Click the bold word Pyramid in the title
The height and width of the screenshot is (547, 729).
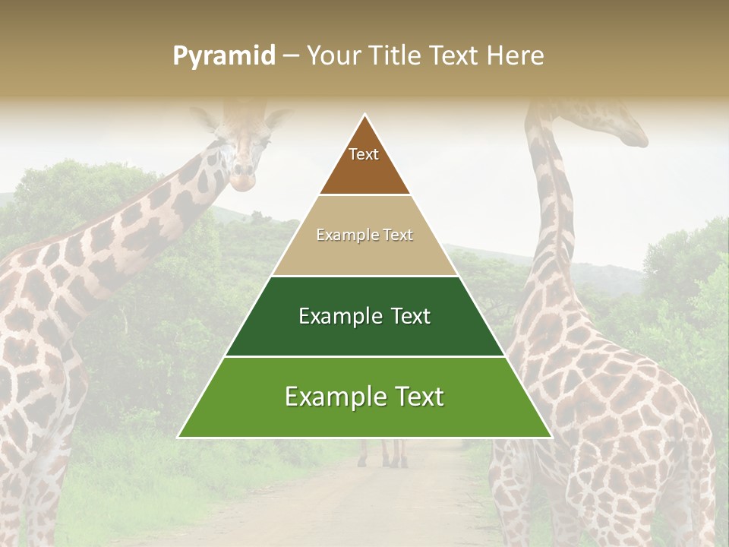[x=224, y=56]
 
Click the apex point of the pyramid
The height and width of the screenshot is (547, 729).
[x=364, y=115]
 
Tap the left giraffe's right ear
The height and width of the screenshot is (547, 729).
[x=278, y=118]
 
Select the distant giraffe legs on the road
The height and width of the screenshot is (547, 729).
[x=383, y=454]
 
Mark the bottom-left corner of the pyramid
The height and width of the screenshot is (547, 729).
[x=178, y=437]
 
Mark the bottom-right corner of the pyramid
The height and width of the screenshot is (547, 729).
[x=551, y=437]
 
